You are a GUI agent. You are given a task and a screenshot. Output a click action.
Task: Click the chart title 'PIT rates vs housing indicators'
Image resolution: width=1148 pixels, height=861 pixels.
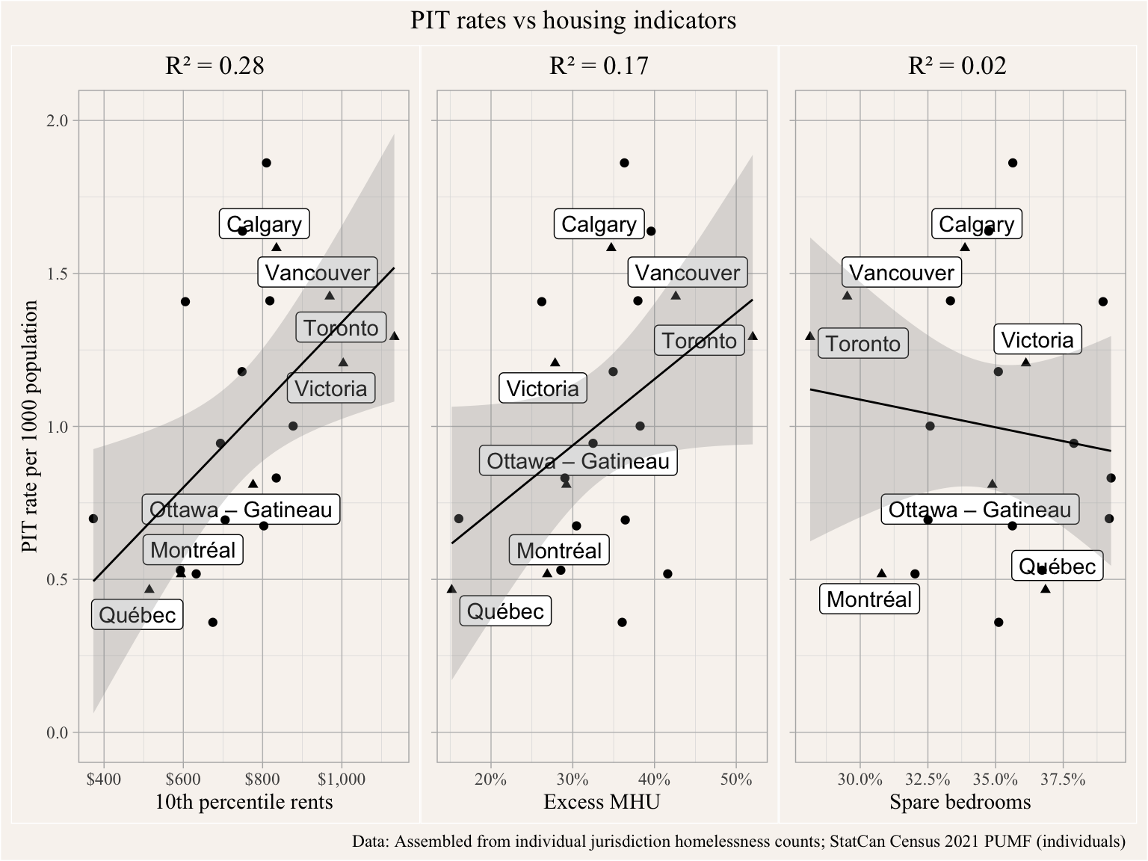(573, 20)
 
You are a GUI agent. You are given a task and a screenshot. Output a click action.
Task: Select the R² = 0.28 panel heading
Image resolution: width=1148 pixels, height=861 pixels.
(215, 66)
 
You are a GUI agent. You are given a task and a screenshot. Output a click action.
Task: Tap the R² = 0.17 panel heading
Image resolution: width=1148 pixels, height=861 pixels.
(599, 66)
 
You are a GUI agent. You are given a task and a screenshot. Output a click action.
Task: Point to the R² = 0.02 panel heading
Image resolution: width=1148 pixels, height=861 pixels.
(957, 66)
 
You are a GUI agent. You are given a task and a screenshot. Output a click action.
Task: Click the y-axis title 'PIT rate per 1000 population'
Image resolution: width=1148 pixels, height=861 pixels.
(30, 427)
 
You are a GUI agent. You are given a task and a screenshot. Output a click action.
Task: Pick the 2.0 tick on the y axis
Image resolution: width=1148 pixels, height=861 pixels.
(58, 121)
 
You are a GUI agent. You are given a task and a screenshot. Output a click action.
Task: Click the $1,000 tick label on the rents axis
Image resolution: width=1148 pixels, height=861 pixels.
(342, 780)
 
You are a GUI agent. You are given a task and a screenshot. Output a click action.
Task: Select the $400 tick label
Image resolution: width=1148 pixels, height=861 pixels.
(104, 780)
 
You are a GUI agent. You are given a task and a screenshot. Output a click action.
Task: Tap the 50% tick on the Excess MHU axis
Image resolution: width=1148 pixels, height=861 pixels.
(736, 780)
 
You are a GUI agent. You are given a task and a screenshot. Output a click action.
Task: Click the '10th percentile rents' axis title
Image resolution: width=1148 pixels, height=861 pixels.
(244, 802)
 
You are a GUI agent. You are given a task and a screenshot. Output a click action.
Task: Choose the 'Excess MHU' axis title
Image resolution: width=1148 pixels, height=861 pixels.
(602, 802)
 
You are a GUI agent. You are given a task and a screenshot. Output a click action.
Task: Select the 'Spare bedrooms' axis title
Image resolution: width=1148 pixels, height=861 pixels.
(960, 802)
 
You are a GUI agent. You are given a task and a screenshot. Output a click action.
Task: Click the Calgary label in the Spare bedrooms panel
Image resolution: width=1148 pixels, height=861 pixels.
(976, 224)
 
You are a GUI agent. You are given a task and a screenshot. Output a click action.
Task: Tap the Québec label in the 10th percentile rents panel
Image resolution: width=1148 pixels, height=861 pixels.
(138, 615)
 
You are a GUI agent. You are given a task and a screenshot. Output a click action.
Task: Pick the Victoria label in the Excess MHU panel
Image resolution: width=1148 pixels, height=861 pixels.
(543, 389)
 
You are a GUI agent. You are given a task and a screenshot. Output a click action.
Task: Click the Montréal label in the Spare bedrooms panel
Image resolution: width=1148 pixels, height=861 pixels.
(869, 599)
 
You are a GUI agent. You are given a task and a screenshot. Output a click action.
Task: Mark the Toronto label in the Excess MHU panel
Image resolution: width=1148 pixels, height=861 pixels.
(699, 341)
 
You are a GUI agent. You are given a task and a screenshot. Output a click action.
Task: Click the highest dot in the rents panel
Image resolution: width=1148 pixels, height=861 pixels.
(266, 163)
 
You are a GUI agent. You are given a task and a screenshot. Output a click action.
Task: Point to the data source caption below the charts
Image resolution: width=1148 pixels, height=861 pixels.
(738, 842)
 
